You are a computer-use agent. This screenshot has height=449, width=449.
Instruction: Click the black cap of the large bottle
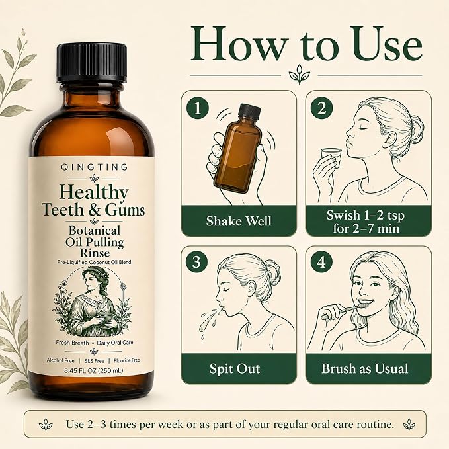click(x=92, y=63)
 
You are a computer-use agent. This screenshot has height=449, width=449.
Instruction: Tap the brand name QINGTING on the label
click(x=94, y=167)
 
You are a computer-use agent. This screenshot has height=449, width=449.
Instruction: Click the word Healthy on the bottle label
click(x=93, y=193)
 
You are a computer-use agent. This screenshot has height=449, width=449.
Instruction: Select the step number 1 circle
click(x=198, y=108)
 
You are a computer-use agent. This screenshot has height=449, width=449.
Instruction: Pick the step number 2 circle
click(x=322, y=108)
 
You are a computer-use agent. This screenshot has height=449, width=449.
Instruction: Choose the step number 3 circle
click(x=196, y=262)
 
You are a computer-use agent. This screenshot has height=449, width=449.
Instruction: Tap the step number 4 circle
click(x=322, y=262)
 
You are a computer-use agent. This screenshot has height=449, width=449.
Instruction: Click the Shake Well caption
click(x=239, y=221)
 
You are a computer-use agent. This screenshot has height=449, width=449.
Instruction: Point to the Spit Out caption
click(x=235, y=368)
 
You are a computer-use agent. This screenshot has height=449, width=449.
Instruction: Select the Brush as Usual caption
click(x=365, y=368)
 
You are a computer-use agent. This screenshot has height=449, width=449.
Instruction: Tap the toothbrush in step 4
click(x=345, y=311)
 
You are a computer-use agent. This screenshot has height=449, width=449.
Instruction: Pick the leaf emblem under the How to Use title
click(x=300, y=75)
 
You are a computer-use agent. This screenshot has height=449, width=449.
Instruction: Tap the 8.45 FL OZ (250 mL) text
click(x=94, y=371)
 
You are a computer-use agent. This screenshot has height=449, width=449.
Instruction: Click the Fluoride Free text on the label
click(x=126, y=360)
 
